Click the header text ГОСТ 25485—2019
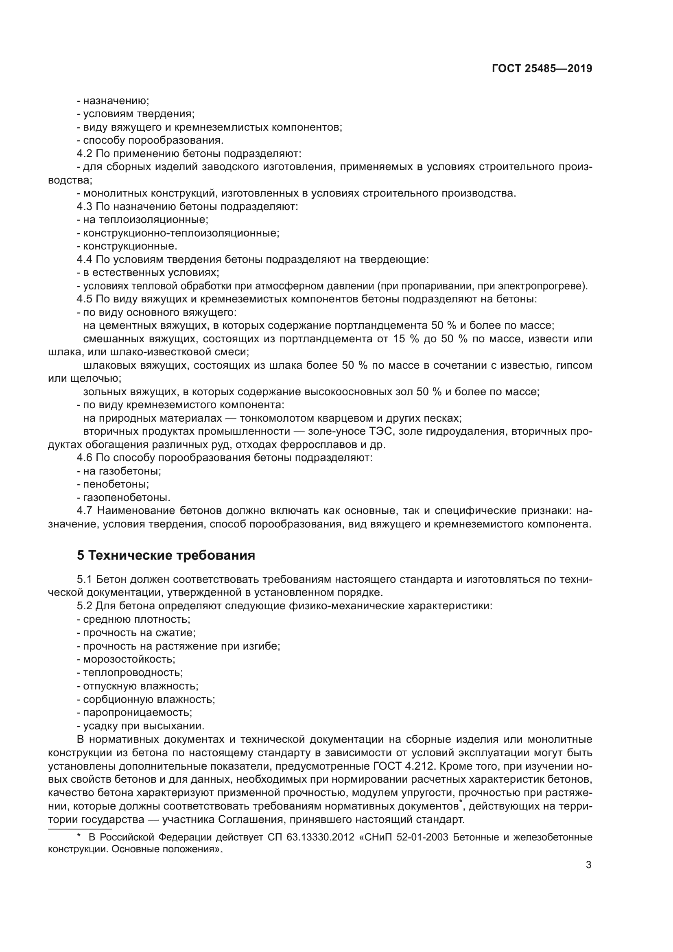tap(542, 69)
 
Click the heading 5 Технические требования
tap(166, 555)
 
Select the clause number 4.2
tap(85, 154)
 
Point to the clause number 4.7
tap(85, 510)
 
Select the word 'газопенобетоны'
tap(126, 497)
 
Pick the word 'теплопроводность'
tap(132, 672)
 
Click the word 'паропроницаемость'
tap(137, 712)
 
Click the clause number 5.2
tap(85, 606)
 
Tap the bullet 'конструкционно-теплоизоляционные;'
tap(181, 233)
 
